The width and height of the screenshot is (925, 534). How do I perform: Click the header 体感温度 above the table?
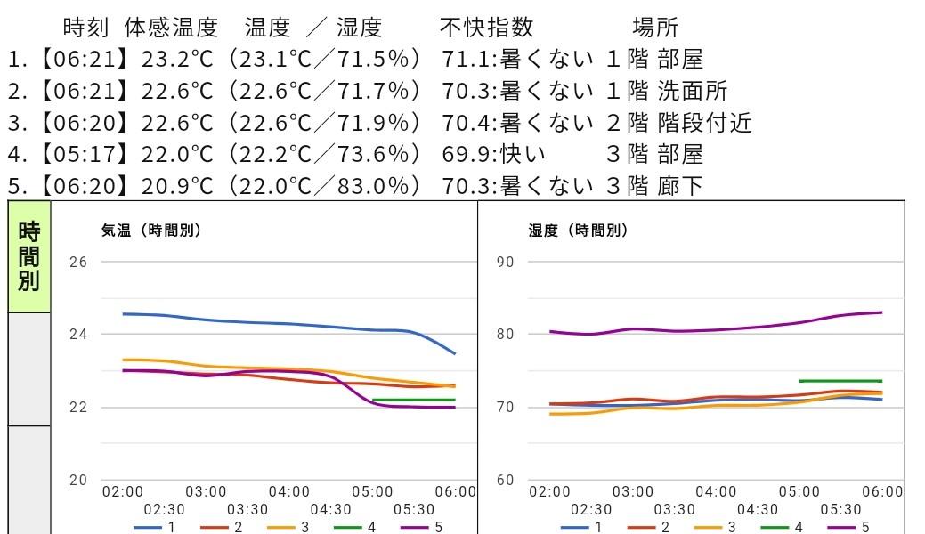(x=171, y=28)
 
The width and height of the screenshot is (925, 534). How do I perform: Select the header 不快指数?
(x=487, y=28)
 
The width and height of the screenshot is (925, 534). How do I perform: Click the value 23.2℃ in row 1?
(x=177, y=60)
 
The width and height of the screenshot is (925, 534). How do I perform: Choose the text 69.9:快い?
(x=493, y=155)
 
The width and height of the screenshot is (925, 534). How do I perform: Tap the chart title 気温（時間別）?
(x=151, y=231)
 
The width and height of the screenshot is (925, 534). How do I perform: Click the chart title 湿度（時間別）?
(x=579, y=231)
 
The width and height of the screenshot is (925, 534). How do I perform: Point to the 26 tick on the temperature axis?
(x=78, y=262)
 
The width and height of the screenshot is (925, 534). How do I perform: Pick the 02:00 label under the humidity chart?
(x=549, y=491)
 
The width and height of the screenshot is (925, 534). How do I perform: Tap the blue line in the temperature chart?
(x=267, y=323)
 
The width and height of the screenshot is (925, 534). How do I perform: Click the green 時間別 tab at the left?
(x=28, y=257)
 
